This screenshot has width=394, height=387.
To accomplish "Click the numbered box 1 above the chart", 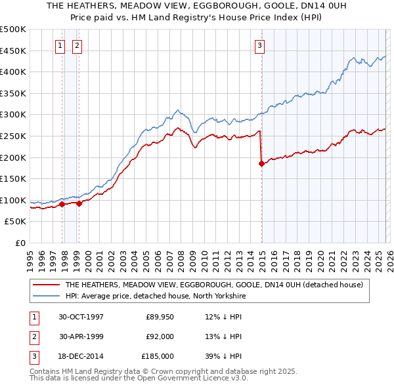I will [60, 45].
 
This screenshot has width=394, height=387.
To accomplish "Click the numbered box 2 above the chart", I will [77, 45].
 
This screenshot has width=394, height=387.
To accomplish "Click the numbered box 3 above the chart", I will [260, 45].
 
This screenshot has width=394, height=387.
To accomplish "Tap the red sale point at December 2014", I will [262, 164].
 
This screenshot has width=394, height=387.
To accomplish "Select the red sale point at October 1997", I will [62, 204].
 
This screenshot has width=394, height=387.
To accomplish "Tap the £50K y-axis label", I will [16, 222].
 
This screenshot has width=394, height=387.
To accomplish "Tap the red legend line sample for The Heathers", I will [46, 285].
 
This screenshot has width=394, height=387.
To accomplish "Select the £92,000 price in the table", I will [160, 336].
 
